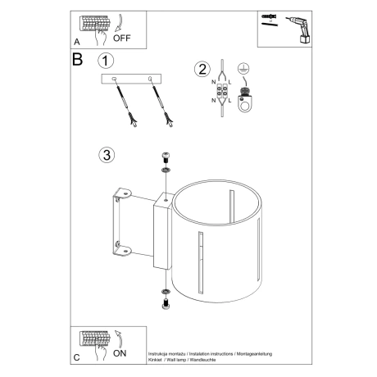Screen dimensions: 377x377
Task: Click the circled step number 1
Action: (104, 61)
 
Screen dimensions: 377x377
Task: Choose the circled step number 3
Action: (104, 155)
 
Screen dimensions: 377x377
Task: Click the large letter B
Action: (78, 60)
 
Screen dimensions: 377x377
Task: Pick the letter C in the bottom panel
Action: (76, 358)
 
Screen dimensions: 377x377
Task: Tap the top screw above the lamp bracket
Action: (165, 161)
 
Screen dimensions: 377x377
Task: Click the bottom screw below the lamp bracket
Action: (165, 304)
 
